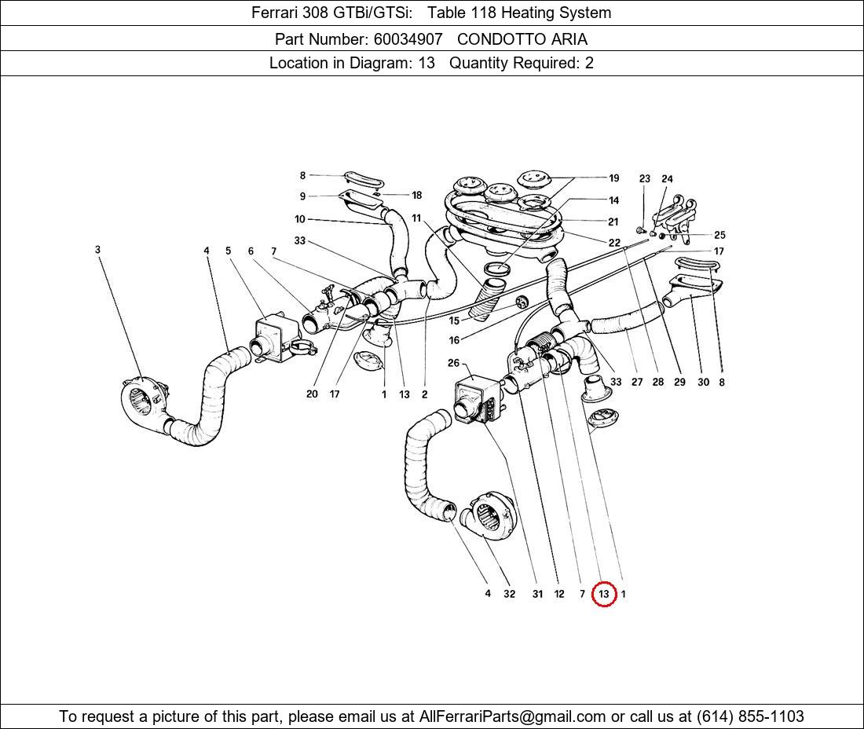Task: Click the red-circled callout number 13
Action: pyautogui.click(x=603, y=594)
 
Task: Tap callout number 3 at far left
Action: pyautogui.click(x=97, y=250)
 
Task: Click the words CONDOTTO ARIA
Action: pyautogui.click(x=522, y=38)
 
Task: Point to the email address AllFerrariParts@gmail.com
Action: pyautogui.click(x=512, y=716)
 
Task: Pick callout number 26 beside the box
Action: pyautogui.click(x=453, y=363)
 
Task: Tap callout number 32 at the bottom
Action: pyautogui.click(x=509, y=594)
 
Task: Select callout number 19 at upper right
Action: pyautogui.click(x=614, y=178)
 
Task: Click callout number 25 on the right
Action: pyautogui.click(x=719, y=235)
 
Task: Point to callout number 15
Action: pyautogui.click(x=454, y=321)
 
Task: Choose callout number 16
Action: pyautogui.click(x=454, y=340)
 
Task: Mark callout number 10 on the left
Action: pyautogui.click(x=300, y=219)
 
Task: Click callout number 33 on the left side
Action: pyautogui.click(x=299, y=240)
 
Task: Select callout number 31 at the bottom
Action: pyautogui.click(x=537, y=594)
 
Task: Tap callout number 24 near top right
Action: pyautogui.click(x=667, y=179)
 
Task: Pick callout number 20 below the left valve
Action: pyautogui.click(x=312, y=394)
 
